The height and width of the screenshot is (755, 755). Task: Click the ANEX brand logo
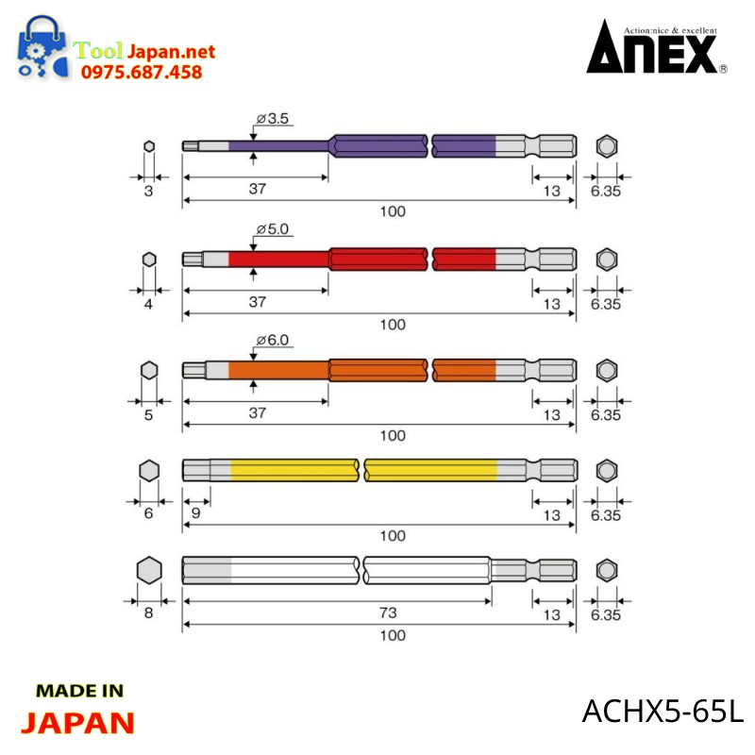click(x=657, y=47)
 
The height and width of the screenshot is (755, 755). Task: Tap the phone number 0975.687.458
click(x=142, y=73)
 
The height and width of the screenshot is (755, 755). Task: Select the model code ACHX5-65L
click(x=663, y=711)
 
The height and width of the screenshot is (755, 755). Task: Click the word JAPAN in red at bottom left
click(x=77, y=723)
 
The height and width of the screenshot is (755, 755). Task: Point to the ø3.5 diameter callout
click(x=273, y=119)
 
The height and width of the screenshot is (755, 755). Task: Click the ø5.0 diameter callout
click(x=273, y=228)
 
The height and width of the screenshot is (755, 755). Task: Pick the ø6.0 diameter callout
click(x=273, y=340)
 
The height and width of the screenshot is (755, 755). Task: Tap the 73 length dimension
click(x=388, y=612)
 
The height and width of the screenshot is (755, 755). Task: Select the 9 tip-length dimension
click(x=196, y=512)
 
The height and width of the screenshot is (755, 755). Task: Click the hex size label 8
click(x=149, y=612)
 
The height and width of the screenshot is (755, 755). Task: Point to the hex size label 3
click(x=149, y=192)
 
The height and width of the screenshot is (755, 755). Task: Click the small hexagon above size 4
click(x=149, y=260)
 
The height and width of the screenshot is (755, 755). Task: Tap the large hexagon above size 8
click(x=149, y=571)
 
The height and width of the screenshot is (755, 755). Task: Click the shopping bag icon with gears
click(x=42, y=47)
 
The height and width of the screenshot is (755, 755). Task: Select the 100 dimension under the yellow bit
click(x=393, y=535)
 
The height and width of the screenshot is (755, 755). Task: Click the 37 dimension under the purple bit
click(x=258, y=189)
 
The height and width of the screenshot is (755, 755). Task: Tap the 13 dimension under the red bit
click(x=552, y=304)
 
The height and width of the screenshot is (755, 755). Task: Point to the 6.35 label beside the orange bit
click(x=606, y=415)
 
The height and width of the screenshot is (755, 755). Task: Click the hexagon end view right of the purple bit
click(x=607, y=146)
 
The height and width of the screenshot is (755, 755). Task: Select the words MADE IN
click(x=80, y=691)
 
